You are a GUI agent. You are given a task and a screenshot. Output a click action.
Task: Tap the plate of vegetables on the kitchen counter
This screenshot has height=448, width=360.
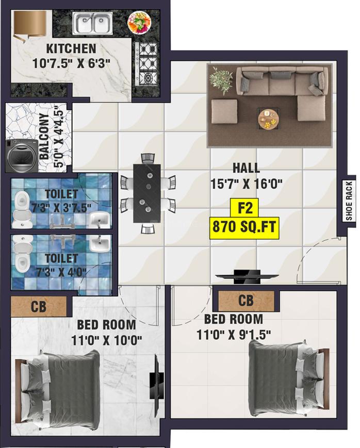[x=139, y=23]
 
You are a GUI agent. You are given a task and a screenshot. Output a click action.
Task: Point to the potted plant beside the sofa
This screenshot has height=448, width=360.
[x=222, y=80]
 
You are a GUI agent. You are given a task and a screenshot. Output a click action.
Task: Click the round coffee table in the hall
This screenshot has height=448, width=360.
[x=268, y=120]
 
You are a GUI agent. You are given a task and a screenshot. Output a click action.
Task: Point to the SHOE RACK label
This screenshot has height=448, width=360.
[x=349, y=201]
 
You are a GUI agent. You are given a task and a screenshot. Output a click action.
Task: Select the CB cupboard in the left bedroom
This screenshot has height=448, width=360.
[x=39, y=306]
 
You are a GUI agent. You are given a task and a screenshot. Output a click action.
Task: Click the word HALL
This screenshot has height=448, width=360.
[x=246, y=168]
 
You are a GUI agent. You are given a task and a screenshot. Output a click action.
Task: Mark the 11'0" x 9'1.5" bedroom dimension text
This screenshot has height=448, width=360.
[x=233, y=335]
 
